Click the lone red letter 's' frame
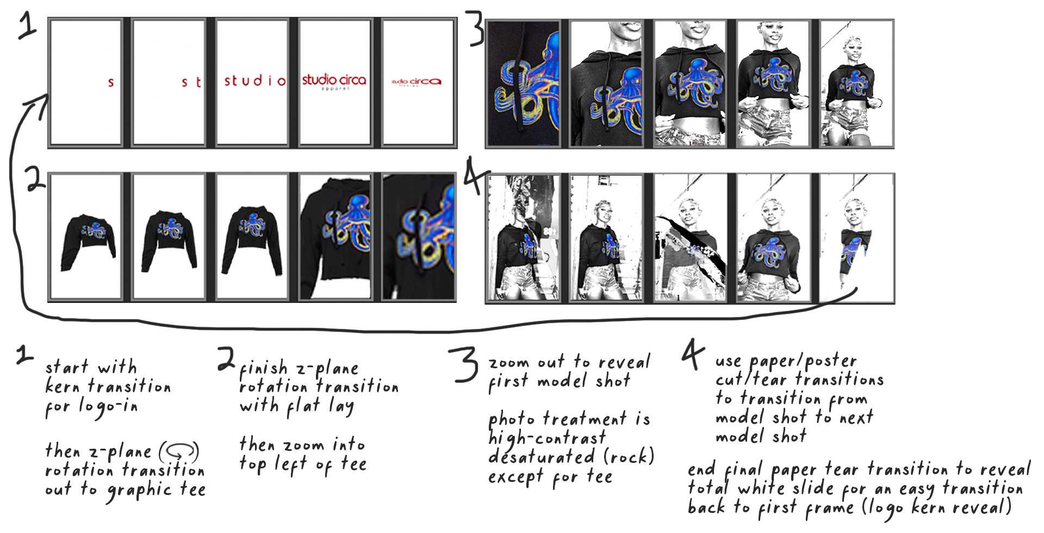[x=85, y=83]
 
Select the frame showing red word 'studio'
[x=252, y=83]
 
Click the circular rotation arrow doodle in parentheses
[x=179, y=451]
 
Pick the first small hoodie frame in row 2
[x=85, y=237]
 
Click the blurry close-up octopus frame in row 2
[x=418, y=237]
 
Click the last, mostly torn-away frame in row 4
[x=856, y=238]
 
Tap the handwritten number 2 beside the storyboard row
[x=35, y=179]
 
